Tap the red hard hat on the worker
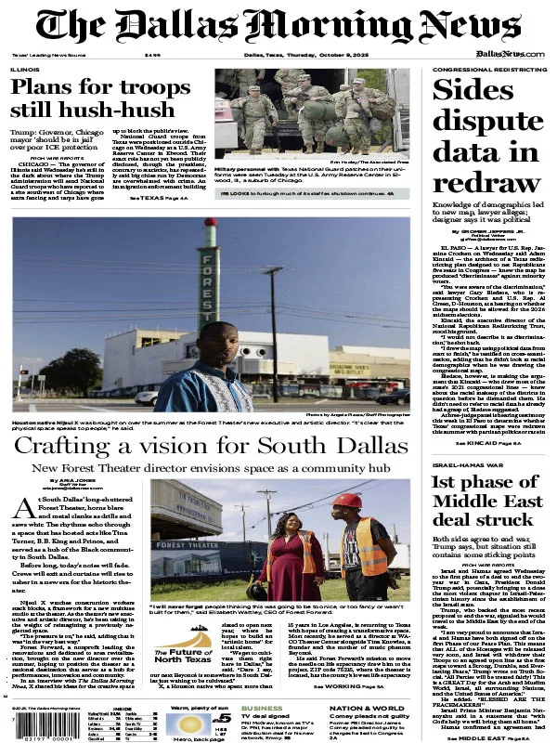(x=350, y=502)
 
